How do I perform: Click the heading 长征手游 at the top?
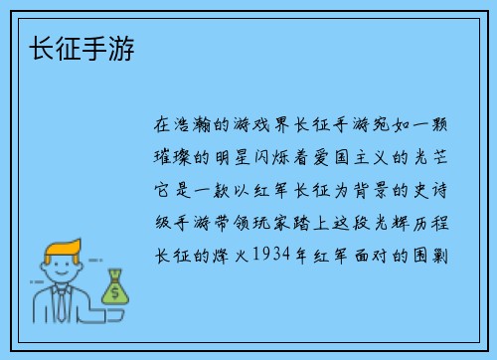tap(84, 48)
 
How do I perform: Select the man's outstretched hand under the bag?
tap(110, 309)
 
